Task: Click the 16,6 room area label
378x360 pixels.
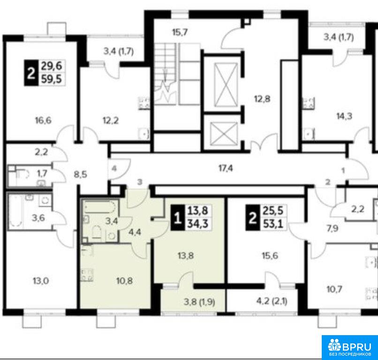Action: (x=43, y=120)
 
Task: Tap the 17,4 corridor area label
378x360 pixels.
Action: (x=226, y=168)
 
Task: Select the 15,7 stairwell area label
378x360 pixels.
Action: (x=180, y=32)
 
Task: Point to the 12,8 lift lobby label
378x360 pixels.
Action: (x=262, y=99)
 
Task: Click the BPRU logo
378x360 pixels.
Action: (x=350, y=347)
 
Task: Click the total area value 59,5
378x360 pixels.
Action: (x=52, y=79)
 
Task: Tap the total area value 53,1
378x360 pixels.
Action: (x=273, y=224)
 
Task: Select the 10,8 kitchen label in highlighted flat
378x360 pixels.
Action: (x=124, y=281)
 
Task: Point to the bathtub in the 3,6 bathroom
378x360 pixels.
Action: (x=16, y=211)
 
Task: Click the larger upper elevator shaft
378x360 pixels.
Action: (x=226, y=84)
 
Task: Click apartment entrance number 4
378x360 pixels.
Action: (x=114, y=168)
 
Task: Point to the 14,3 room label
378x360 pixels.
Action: (x=344, y=116)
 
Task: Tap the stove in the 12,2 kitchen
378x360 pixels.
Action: (x=144, y=103)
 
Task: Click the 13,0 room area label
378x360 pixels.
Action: (x=41, y=281)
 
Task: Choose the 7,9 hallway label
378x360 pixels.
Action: (x=333, y=228)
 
